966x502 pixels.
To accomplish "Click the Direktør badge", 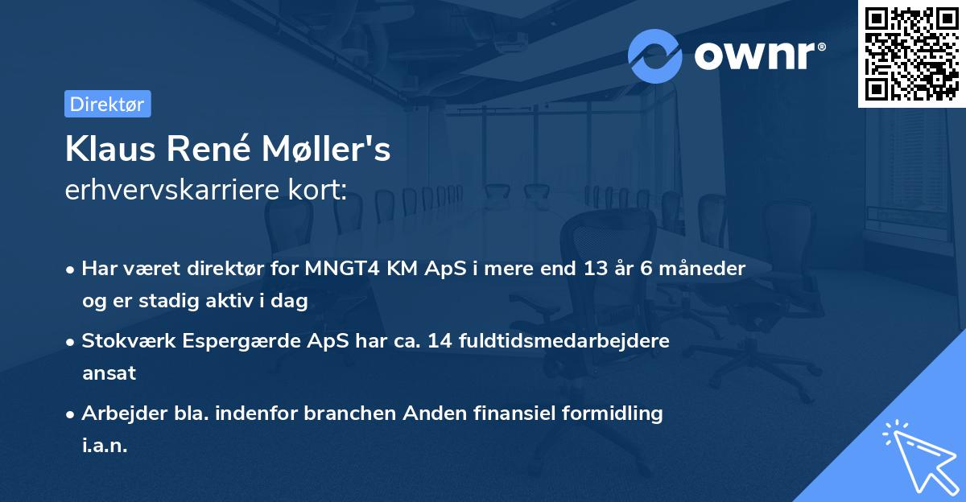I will point(107,104).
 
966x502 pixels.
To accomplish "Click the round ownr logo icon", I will point(655,56).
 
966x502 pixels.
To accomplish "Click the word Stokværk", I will point(130,340).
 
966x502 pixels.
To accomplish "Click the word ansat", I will point(109,373).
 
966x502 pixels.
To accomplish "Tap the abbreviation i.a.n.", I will point(105,446).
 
